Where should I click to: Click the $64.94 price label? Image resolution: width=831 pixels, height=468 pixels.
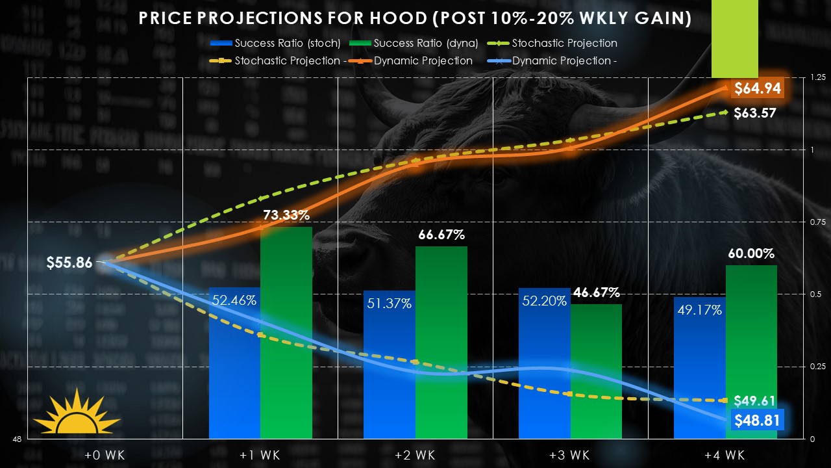(756, 88)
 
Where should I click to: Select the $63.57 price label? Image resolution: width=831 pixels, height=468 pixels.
(755, 113)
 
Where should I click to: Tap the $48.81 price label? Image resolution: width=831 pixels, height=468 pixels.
(756, 421)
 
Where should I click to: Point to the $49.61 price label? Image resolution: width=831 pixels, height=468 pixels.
(755, 400)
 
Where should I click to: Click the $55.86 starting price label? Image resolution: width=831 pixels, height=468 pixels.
(69, 263)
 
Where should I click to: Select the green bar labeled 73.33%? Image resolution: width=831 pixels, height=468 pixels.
(286, 338)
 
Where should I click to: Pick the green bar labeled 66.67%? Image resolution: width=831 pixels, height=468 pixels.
(441, 344)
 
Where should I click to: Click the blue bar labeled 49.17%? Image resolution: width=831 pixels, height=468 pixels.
(699, 370)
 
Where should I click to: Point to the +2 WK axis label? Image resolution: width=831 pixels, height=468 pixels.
(415, 455)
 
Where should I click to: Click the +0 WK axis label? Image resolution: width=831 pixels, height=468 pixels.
(105, 455)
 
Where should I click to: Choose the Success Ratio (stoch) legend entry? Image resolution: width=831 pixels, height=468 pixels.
(275, 44)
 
